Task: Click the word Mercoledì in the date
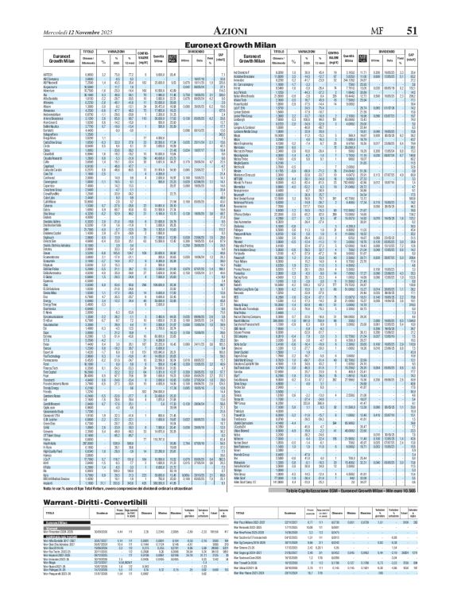[29, 10]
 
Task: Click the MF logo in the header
[381, 10]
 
